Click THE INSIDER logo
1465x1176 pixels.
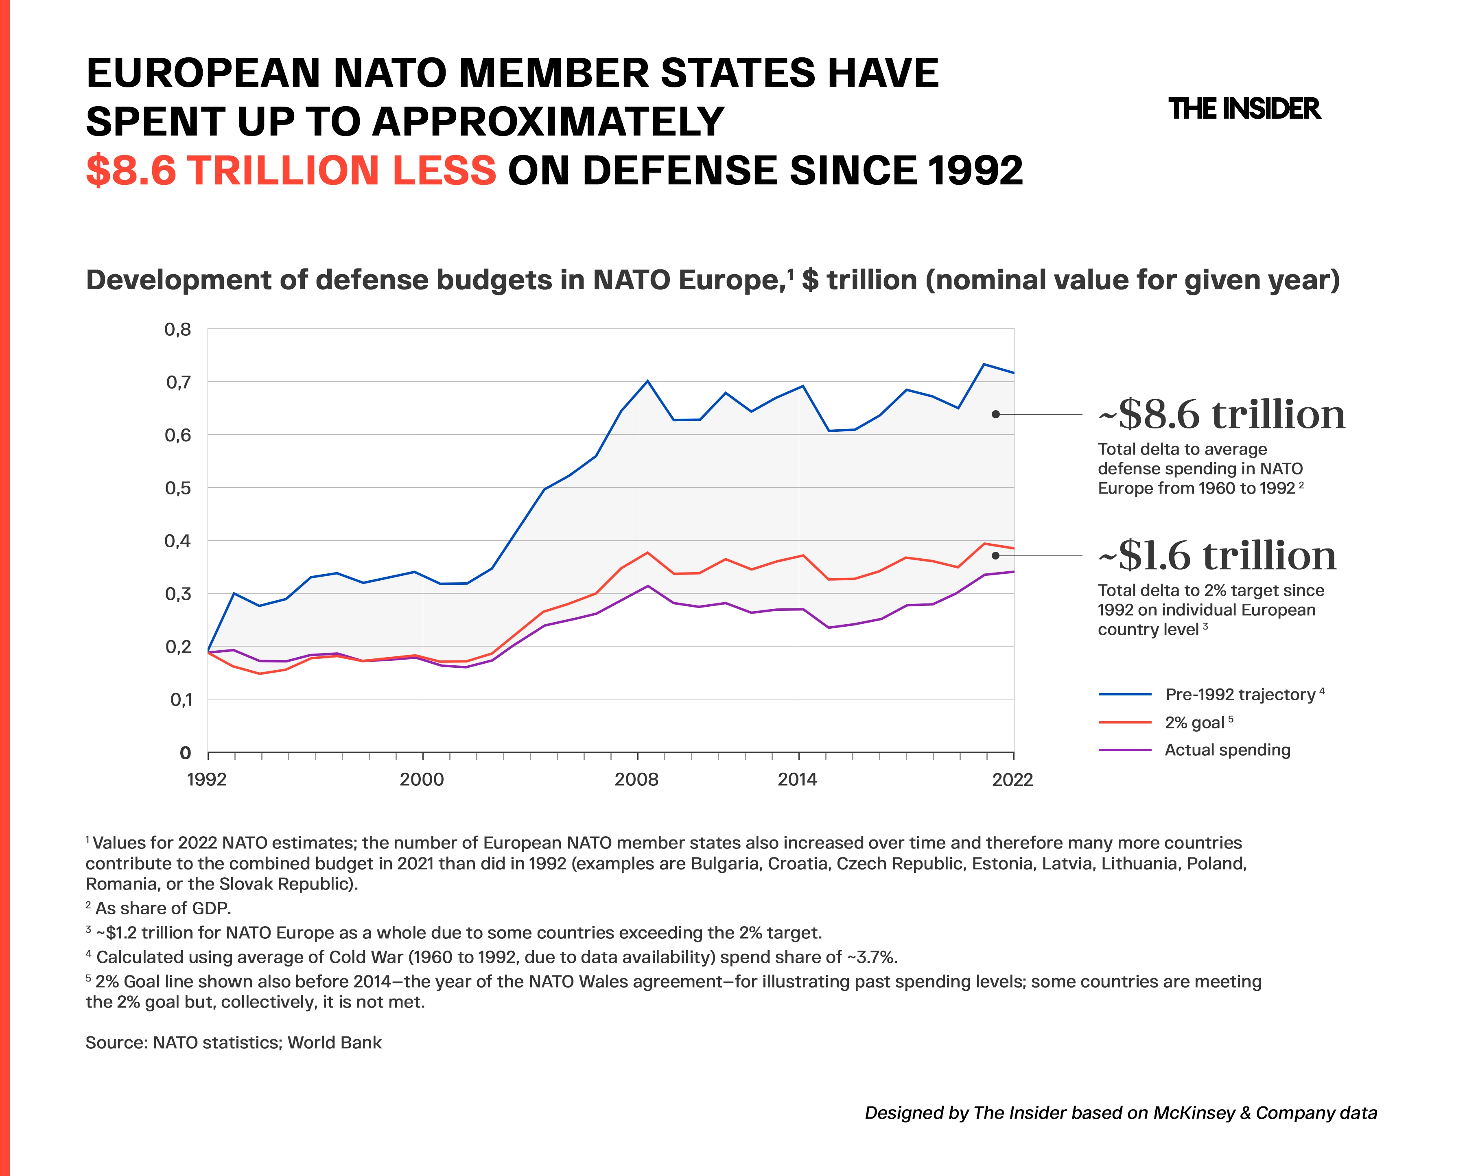[x=1244, y=109]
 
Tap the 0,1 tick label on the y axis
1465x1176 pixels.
[x=181, y=700]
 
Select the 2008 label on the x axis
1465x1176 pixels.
[x=637, y=779]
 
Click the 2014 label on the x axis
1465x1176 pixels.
[x=798, y=779]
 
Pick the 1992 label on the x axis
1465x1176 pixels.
[x=207, y=779]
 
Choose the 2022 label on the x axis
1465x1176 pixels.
[x=1012, y=779]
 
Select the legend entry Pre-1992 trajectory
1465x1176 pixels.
[x=1211, y=694]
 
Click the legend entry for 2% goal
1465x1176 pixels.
[x=1166, y=722]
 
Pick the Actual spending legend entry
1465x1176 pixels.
[x=1194, y=750]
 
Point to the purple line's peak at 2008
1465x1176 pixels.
[x=647, y=586]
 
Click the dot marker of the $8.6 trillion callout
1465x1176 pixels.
[x=995, y=414]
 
